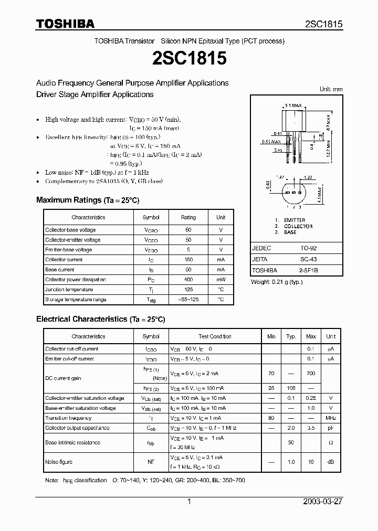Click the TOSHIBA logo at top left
(65, 24)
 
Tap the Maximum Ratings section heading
(88, 200)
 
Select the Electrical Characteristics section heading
(100, 319)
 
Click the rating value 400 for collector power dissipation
(188, 280)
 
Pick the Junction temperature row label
(69, 290)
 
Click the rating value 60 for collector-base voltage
(188, 230)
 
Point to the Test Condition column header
(215, 336)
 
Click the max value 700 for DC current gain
(311, 374)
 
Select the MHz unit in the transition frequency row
(331, 418)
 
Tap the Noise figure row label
(59, 462)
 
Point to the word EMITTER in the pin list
(295, 220)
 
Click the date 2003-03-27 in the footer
(322, 502)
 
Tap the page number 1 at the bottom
(189, 502)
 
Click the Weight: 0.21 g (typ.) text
(276, 282)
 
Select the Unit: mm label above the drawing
(331, 89)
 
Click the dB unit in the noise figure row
(331, 462)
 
